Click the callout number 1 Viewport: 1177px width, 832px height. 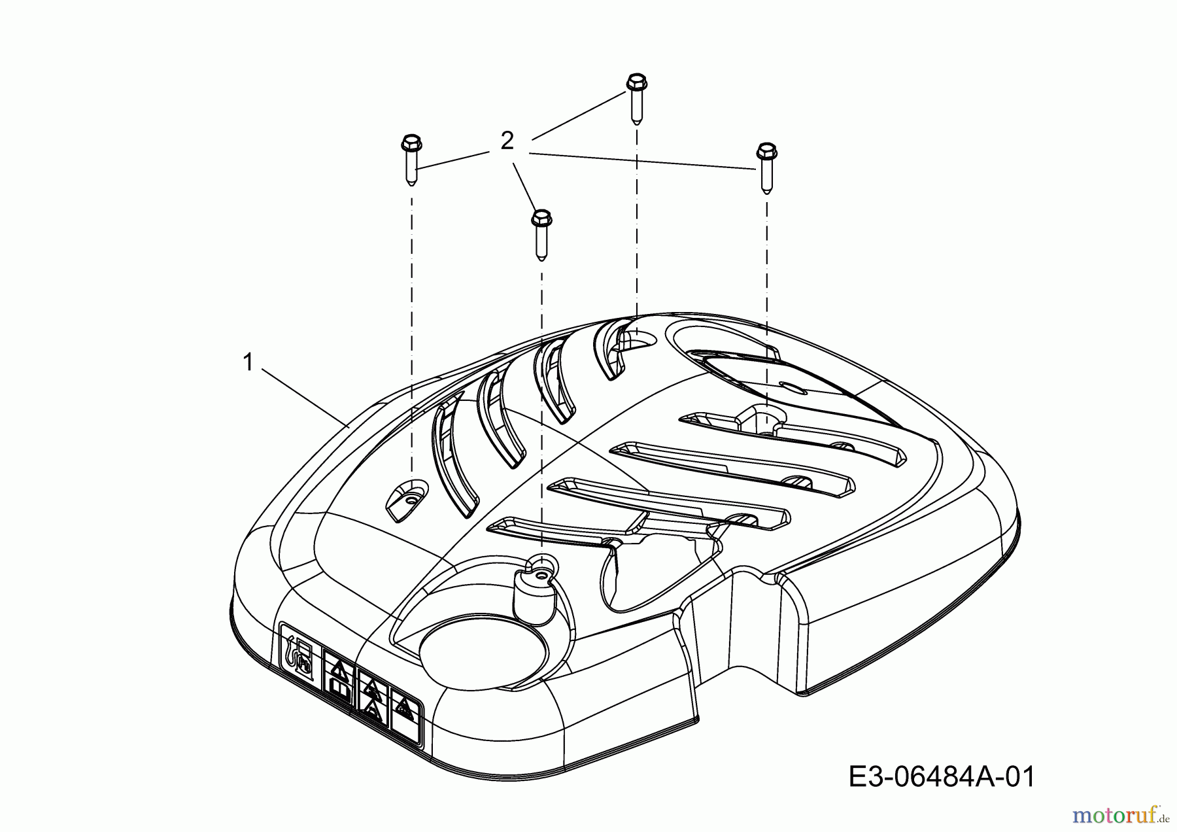248,362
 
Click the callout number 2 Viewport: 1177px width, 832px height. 507,141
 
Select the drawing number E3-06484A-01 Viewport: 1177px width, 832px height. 942,778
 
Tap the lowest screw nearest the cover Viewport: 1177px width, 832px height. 541,234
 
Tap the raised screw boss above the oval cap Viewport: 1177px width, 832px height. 535,589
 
